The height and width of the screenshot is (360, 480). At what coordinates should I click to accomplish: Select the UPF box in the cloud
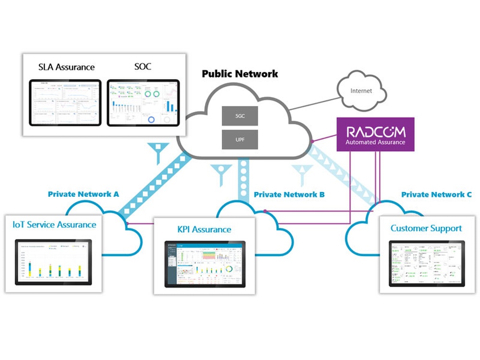[240, 140]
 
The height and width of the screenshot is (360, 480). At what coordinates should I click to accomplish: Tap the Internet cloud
[361, 91]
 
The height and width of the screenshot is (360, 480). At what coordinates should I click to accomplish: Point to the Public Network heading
[240, 74]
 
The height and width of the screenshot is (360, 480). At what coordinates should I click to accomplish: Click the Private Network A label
[84, 194]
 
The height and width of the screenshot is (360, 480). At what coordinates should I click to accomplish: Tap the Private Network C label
[436, 194]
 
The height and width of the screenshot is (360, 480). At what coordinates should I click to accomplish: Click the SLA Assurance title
[66, 67]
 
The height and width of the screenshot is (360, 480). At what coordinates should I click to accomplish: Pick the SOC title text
[143, 66]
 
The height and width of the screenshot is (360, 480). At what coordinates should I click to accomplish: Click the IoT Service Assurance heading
[54, 224]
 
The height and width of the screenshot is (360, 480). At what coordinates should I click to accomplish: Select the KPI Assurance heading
[202, 229]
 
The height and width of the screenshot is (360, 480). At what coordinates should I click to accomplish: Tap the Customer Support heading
[426, 228]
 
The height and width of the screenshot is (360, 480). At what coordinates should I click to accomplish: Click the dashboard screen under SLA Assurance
[65, 103]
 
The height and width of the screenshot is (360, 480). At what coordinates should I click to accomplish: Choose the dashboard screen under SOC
[143, 103]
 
